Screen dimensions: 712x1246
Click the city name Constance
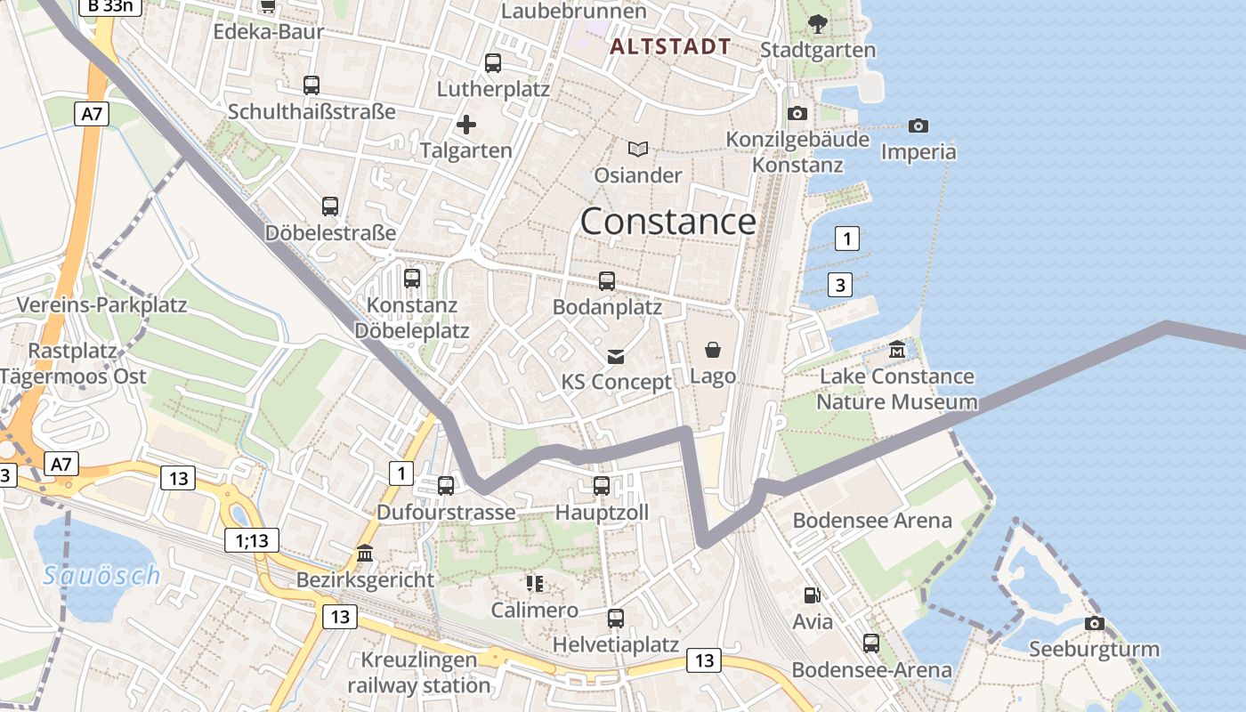click(x=667, y=222)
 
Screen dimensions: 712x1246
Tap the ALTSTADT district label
click(x=671, y=47)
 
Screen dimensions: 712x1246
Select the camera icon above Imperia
click(x=918, y=126)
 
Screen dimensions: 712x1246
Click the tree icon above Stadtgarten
click(x=816, y=24)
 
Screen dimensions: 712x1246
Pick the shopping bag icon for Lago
click(x=712, y=350)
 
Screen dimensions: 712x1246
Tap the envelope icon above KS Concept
click(x=615, y=357)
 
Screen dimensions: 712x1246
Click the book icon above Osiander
click(x=637, y=149)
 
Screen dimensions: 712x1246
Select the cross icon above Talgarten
click(x=465, y=125)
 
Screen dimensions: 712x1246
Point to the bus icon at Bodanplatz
click(x=607, y=281)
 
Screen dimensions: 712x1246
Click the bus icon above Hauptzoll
click(x=602, y=486)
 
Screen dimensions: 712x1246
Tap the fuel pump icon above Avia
click(x=812, y=595)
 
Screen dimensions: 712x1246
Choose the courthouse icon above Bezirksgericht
click(x=365, y=554)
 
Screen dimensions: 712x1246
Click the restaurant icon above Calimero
click(x=534, y=584)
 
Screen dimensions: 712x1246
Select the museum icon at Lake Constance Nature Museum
click(x=896, y=350)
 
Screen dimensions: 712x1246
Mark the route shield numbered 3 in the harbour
click(x=839, y=285)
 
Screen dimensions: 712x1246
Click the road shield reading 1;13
click(x=252, y=540)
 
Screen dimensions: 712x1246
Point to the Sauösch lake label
click(x=101, y=576)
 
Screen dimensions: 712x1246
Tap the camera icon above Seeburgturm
click(x=1094, y=624)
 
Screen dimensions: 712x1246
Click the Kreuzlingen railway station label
click(x=418, y=673)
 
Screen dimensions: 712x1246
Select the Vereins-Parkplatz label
click(x=101, y=305)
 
